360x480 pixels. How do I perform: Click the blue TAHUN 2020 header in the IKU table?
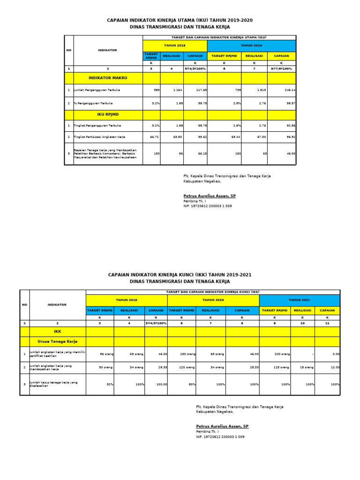(x=251, y=46)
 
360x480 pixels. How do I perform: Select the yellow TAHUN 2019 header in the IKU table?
(x=174, y=46)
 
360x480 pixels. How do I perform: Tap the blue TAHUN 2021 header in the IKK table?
(x=299, y=300)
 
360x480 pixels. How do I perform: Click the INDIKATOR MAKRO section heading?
(x=108, y=78)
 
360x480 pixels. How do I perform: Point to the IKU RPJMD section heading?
(x=108, y=114)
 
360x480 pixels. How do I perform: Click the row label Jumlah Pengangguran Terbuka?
(x=94, y=90)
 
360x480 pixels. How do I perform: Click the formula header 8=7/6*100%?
(x=281, y=68)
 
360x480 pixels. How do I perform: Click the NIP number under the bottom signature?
(x=220, y=436)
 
